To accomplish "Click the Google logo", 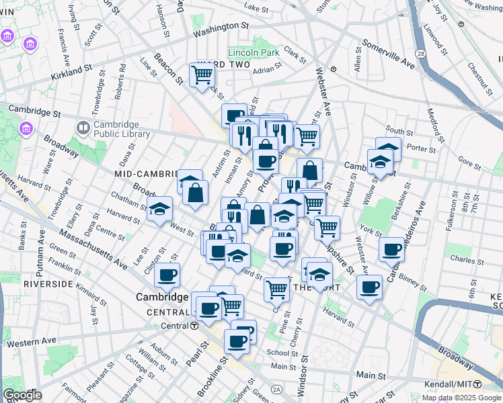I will (22, 395).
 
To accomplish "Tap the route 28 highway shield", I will (420, 52).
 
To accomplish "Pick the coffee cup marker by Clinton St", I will (167, 274).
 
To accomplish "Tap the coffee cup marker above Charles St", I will (391, 249).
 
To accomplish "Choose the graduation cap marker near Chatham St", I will (161, 210).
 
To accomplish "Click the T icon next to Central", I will (194, 326).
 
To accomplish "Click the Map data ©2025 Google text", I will (461, 398).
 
